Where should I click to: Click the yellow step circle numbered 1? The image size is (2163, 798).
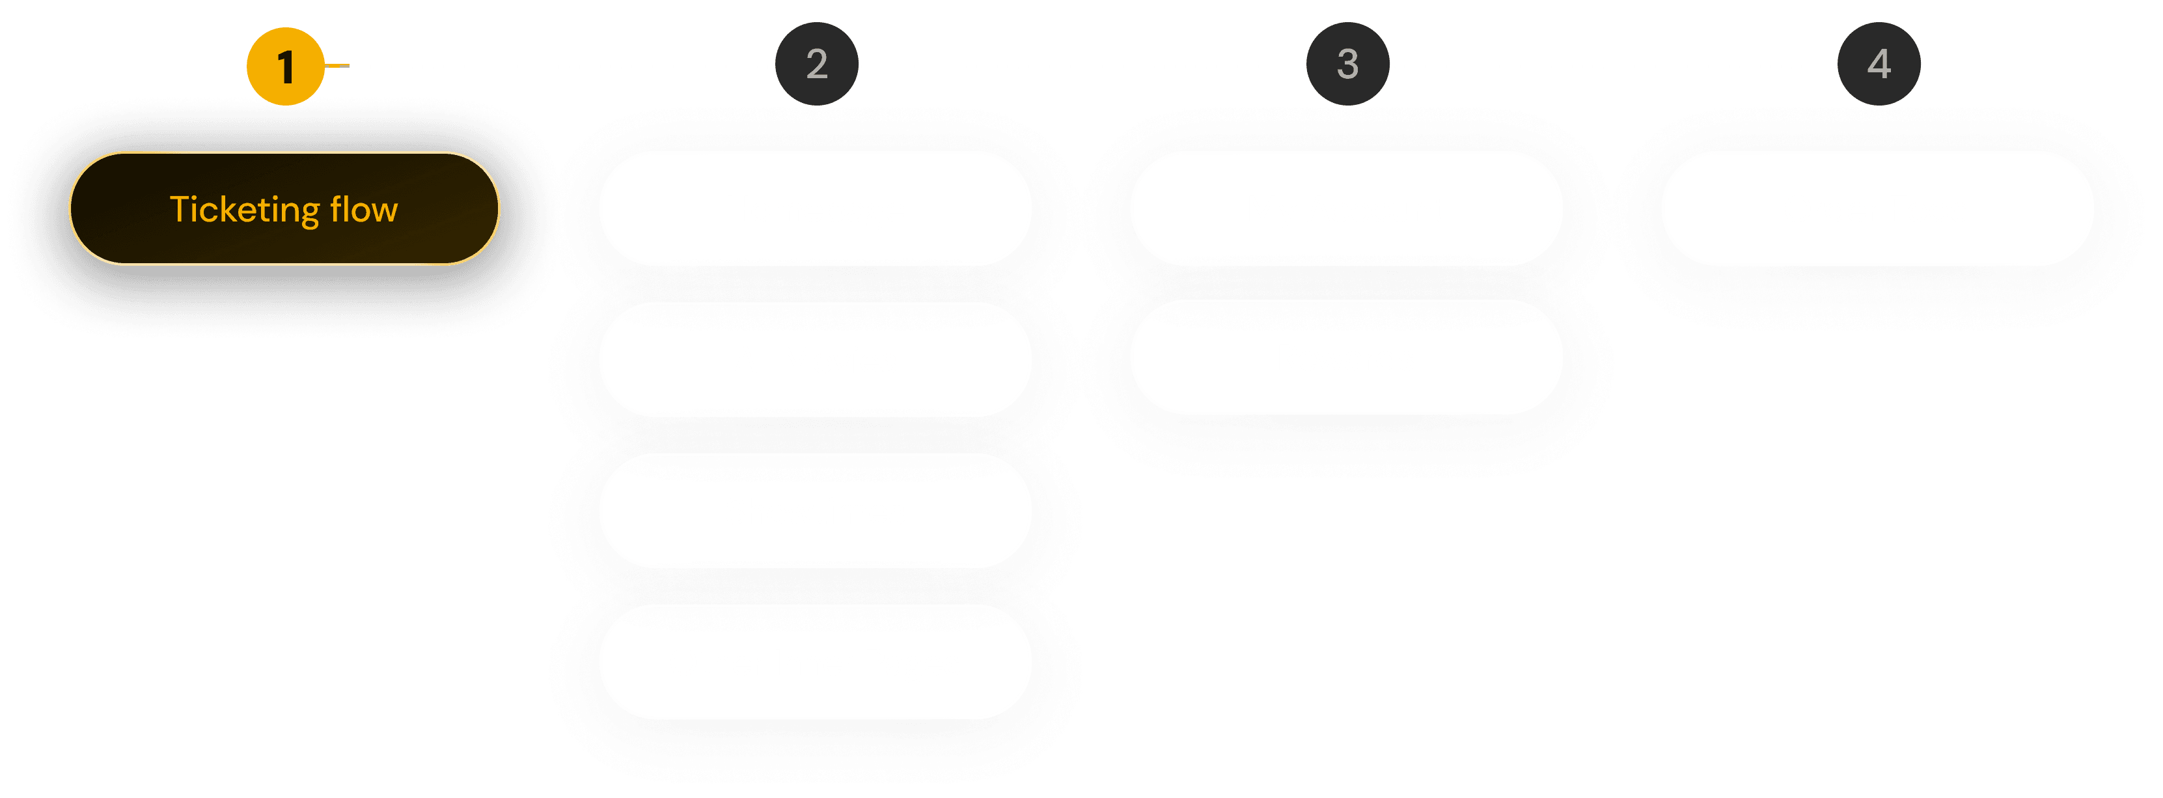pos(286,66)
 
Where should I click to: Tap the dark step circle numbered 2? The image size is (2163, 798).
pos(816,64)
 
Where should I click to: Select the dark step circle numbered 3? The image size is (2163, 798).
pos(1347,64)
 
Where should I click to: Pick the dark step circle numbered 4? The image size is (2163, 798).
pos(1879,64)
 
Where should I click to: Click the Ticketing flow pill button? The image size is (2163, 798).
pos(284,208)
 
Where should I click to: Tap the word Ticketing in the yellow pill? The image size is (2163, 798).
pos(244,209)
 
